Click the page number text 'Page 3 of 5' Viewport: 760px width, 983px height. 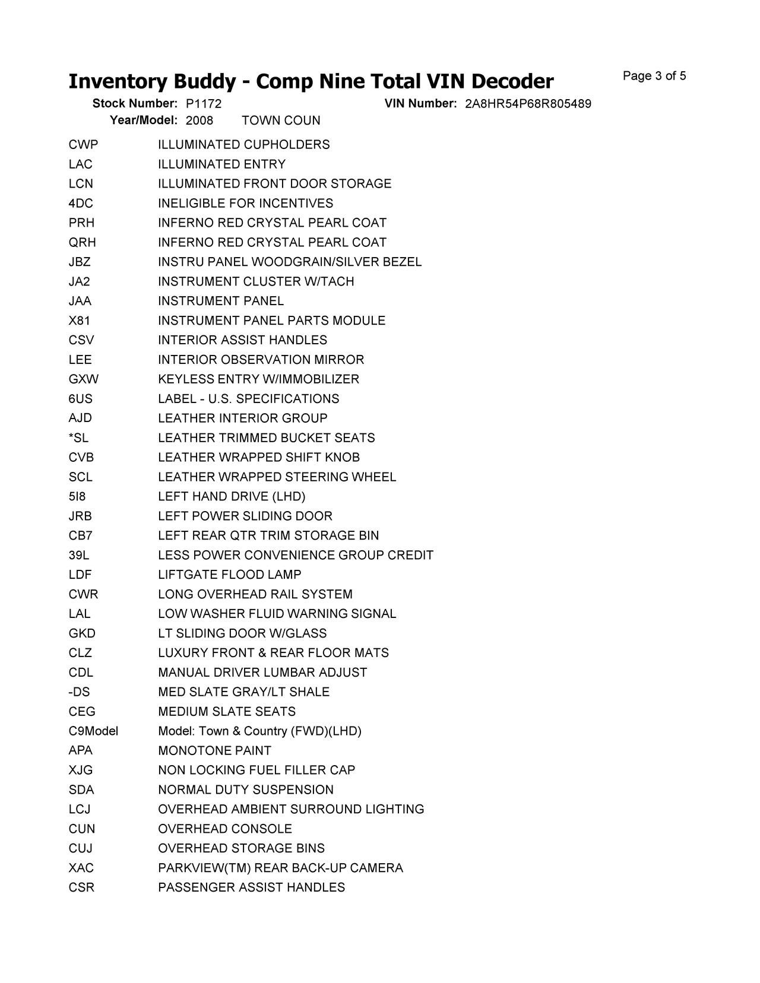click(654, 76)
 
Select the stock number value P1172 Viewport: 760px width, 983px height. click(203, 104)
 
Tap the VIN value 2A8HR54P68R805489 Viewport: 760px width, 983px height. click(528, 104)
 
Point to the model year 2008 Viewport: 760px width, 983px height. click(199, 121)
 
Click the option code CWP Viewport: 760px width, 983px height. click(83, 145)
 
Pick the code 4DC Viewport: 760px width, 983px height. click(81, 204)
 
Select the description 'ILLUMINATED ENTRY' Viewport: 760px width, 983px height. click(221, 164)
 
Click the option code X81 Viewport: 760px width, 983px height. click(80, 321)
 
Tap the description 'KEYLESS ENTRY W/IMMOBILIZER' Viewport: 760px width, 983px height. click(258, 379)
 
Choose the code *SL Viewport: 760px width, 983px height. click(78, 438)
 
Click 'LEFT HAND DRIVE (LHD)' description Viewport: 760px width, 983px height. click(232, 497)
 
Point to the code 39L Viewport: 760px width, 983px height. click(79, 556)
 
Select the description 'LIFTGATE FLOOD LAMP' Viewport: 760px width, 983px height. click(229, 575)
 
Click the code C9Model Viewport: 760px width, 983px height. click(93, 731)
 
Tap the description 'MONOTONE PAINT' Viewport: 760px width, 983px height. click(214, 751)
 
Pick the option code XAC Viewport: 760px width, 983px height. click(81, 868)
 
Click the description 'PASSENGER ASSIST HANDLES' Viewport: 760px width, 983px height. click(251, 888)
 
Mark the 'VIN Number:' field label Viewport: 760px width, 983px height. click(420, 104)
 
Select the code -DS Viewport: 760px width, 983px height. click(79, 692)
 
